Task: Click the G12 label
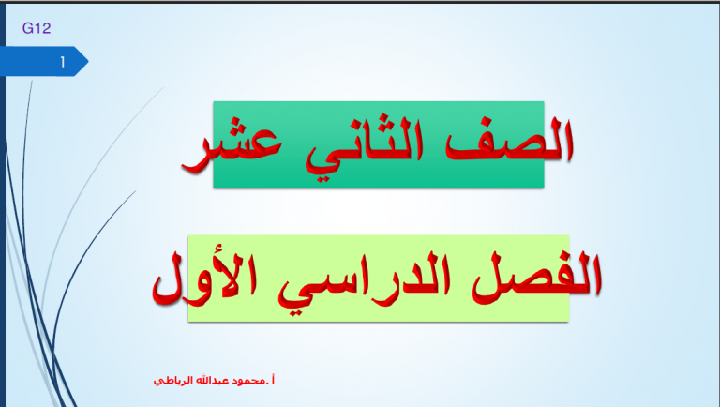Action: click(37, 28)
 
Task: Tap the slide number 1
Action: click(63, 62)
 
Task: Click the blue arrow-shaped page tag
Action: click(44, 61)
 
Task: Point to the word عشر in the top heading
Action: click(231, 148)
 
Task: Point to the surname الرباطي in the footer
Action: click(173, 381)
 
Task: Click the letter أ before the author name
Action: click(273, 380)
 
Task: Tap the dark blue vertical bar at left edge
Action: click(3, 204)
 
